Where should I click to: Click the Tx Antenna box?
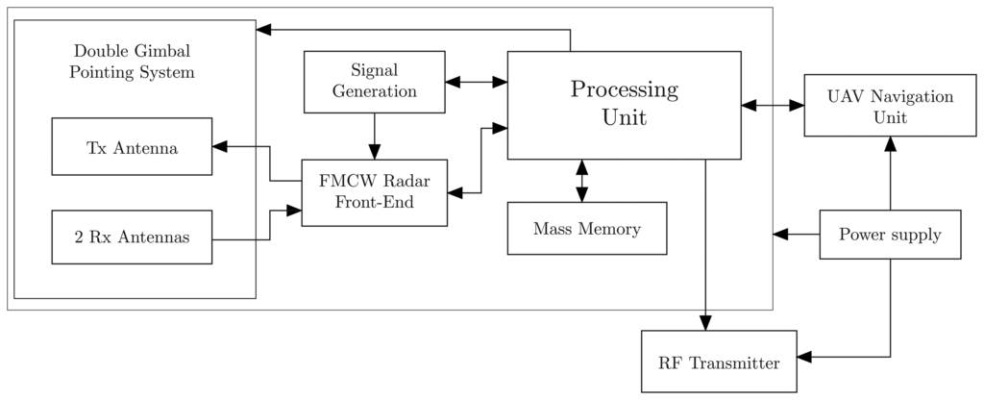(132, 147)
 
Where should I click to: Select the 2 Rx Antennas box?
(132, 237)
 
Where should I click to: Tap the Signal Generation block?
(374, 82)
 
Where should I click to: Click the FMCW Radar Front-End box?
(374, 192)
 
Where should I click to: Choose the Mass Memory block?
(586, 229)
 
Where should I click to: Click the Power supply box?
(890, 235)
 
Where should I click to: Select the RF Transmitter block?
(719, 362)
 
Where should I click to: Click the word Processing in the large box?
(624, 90)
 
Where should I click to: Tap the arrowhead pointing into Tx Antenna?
(220, 147)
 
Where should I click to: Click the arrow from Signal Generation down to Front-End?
(374, 136)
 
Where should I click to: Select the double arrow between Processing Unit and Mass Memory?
(581, 181)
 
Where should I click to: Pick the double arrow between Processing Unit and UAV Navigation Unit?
(773, 106)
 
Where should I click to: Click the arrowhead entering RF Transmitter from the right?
(805, 357)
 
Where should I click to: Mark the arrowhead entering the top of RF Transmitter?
(707, 322)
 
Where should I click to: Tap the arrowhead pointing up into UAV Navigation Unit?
(890, 144)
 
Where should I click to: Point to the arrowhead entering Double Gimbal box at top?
(264, 30)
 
